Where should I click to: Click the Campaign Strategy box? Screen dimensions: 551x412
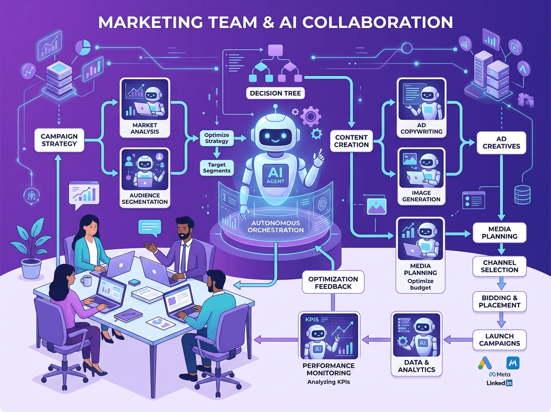(x=59, y=140)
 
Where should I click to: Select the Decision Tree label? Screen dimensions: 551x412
(x=275, y=93)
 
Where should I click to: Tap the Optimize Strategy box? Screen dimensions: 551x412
(x=217, y=138)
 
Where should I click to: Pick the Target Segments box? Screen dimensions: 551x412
(x=217, y=168)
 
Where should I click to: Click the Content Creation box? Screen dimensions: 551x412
(x=351, y=141)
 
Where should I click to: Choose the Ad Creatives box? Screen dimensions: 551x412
(x=501, y=143)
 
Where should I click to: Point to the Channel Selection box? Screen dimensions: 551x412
(x=499, y=266)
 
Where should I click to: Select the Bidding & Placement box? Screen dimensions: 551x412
(x=499, y=301)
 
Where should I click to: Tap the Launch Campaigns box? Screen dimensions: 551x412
(x=499, y=340)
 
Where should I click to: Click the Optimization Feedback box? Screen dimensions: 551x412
(x=333, y=282)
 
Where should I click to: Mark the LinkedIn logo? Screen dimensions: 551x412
(x=499, y=383)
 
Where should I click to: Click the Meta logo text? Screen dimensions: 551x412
(x=500, y=375)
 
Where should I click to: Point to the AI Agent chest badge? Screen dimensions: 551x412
(x=275, y=175)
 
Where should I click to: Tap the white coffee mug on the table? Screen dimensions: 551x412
(x=86, y=280)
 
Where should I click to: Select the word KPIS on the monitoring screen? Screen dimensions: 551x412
(x=312, y=320)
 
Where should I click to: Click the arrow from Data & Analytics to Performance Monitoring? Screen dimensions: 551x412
(x=376, y=340)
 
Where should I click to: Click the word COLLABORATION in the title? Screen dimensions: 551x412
(x=377, y=22)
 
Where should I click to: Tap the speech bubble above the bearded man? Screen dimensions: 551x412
(x=150, y=228)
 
